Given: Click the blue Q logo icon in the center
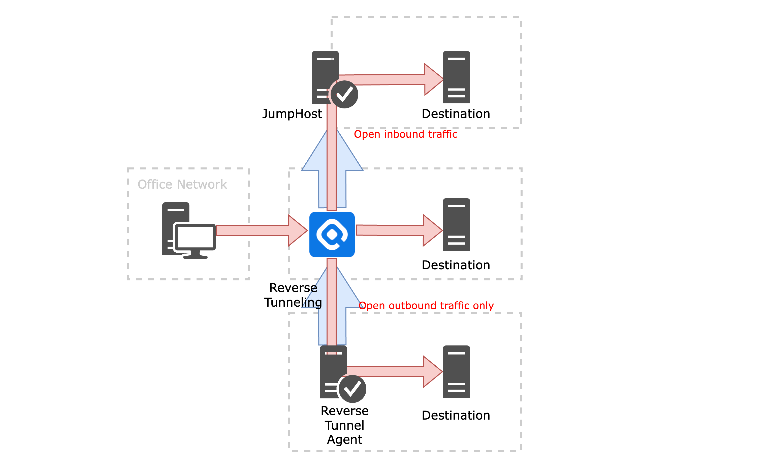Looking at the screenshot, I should [332, 234].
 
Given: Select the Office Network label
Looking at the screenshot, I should [182, 184].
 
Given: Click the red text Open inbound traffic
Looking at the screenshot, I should [405, 134].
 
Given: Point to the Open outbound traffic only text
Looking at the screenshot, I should [427, 305].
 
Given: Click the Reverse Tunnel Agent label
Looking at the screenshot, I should [345, 425].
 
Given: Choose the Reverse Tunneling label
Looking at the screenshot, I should [293, 295].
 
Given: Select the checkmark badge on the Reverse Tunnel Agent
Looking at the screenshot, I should [352, 389].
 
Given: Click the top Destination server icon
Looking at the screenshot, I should [456, 77].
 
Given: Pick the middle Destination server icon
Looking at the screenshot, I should [456, 224].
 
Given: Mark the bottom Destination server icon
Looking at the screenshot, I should [456, 372].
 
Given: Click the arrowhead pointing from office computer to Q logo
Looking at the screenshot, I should [297, 230].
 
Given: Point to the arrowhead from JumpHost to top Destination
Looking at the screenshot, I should [433, 79].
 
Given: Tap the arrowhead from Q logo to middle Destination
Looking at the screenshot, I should [432, 230].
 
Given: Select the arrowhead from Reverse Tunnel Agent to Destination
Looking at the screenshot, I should [432, 372].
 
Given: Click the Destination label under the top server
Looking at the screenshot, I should [456, 114].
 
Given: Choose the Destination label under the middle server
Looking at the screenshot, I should [456, 265].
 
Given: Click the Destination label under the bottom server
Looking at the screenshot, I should [456, 416].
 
